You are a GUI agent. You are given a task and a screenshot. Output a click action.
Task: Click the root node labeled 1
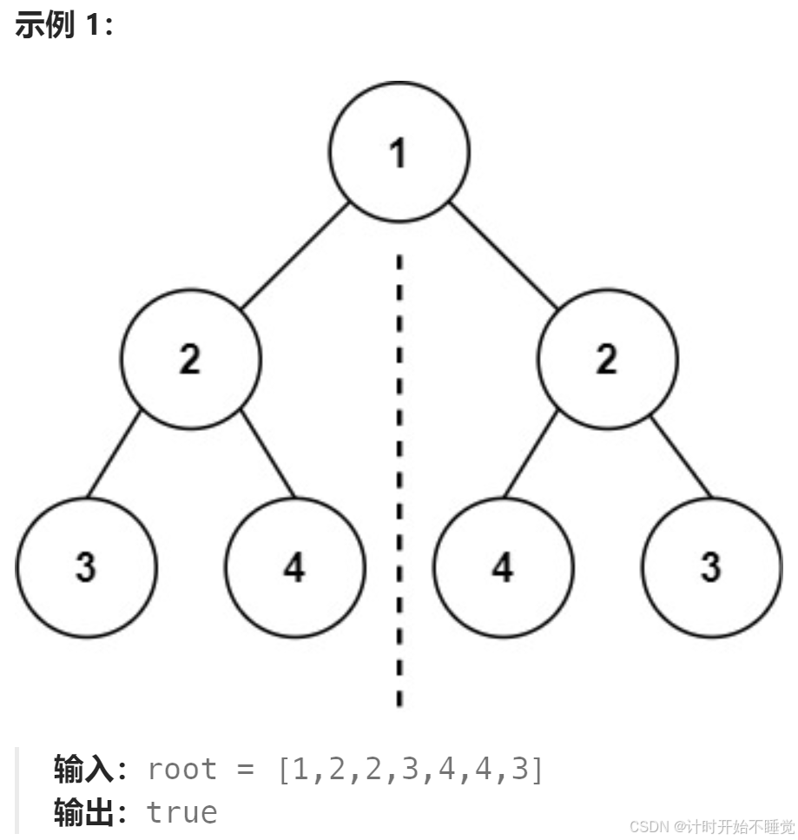coord(399,152)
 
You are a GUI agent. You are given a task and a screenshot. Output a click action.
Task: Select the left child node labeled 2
coord(190,359)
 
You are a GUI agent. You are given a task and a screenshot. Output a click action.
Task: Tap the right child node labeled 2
coord(607,359)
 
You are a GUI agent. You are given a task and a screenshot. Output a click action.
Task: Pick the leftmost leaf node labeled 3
coord(86,567)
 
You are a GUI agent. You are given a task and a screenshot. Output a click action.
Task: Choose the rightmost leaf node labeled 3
coord(711,567)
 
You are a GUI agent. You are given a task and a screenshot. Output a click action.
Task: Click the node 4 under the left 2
coord(294,567)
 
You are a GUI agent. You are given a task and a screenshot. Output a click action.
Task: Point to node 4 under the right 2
coord(503,567)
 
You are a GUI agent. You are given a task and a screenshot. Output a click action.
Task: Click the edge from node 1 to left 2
coord(294,255)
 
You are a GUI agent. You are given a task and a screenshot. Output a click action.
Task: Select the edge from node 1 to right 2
coord(503,255)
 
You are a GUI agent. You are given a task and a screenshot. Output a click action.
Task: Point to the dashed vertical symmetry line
coord(399,478)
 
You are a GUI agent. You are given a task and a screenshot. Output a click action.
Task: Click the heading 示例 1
coord(65,26)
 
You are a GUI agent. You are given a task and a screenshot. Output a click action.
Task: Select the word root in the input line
coord(182,770)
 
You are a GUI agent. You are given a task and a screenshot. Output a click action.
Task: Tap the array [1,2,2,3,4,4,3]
coord(409,770)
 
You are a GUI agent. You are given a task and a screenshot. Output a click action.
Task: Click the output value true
coord(181,812)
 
